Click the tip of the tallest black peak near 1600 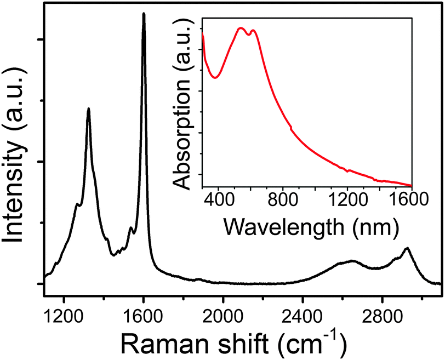point(144,14)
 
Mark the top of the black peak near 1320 point(88,108)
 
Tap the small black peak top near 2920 point(406,248)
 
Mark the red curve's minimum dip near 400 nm point(215,77)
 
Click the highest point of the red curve point(240,28)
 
